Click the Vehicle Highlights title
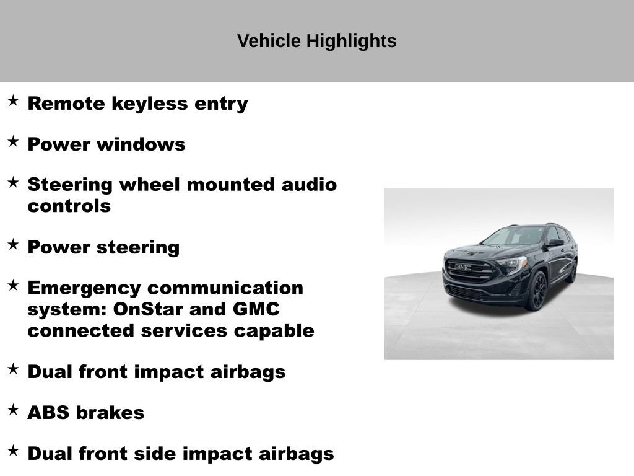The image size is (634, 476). click(316, 42)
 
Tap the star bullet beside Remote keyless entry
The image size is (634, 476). click(13, 101)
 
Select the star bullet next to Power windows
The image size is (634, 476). click(13, 142)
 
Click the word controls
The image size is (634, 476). click(69, 206)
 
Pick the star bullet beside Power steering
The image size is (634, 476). click(13, 244)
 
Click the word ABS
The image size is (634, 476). click(48, 413)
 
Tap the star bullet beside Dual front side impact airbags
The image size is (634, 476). click(13, 451)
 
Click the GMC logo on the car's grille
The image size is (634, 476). click(463, 267)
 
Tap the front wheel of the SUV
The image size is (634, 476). click(536, 291)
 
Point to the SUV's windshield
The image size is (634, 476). click(514, 236)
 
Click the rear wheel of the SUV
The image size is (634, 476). click(573, 271)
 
